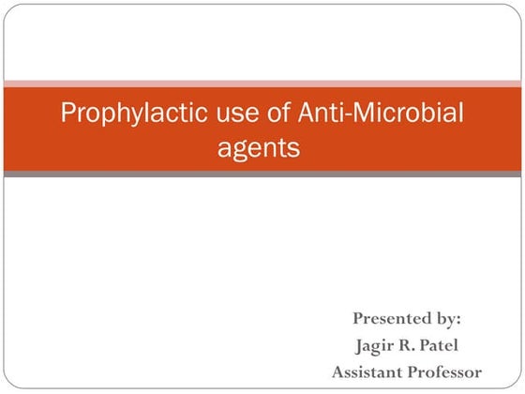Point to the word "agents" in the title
click(262, 148)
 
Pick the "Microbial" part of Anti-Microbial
click(404, 114)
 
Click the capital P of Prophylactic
click(67, 114)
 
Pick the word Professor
click(445, 371)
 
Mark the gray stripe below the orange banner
click(262, 174)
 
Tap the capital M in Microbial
click(357, 114)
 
